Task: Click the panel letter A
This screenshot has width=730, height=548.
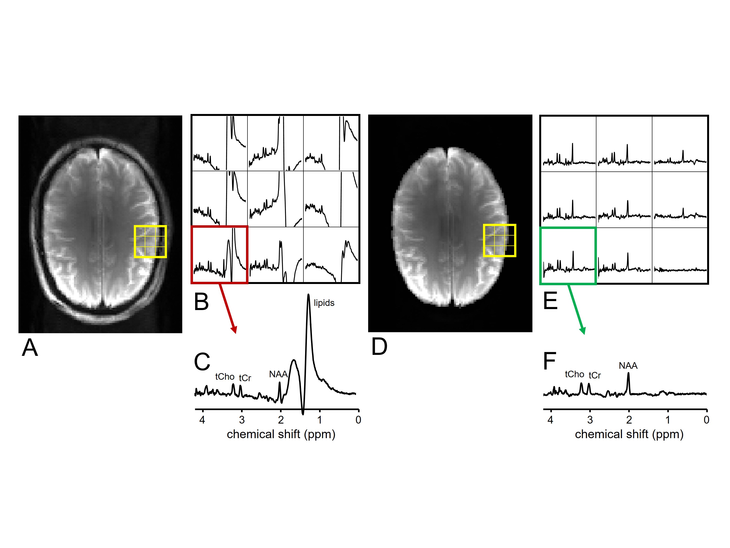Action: point(30,348)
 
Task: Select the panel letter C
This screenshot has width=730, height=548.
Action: point(202,362)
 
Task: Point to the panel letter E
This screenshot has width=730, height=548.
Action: point(550,301)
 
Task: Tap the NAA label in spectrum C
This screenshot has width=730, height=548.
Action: point(278,374)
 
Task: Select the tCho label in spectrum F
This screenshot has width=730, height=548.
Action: point(575,374)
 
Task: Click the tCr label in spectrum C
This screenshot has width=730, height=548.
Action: point(245,378)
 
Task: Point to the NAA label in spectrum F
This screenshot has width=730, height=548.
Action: point(628,366)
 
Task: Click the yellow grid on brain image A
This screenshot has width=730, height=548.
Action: point(150,241)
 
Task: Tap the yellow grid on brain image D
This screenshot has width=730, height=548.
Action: point(499,240)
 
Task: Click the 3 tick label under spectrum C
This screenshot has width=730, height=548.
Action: point(242,420)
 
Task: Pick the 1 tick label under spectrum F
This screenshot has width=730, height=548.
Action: point(668,420)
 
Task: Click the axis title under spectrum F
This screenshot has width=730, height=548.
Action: point(629,434)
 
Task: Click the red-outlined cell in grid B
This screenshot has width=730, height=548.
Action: point(219,255)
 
